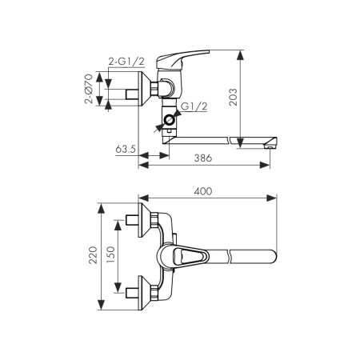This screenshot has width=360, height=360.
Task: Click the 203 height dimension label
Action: [x=234, y=98]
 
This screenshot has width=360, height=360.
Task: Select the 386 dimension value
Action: [x=203, y=158]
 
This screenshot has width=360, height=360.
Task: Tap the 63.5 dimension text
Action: [x=126, y=149]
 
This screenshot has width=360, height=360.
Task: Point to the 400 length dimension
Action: [x=203, y=191]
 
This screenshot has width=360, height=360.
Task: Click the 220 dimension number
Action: [x=93, y=255]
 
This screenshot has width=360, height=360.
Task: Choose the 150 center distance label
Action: [x=110, y=255]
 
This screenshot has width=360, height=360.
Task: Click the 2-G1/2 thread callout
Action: [x=126, y=62]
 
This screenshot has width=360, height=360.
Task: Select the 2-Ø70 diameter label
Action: [x=89, y=89]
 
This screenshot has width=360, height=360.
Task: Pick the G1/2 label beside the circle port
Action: [x=194, y=106]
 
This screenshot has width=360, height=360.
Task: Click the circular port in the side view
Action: [x=169, y=120]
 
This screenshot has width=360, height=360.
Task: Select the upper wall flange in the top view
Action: [x=144, y=220]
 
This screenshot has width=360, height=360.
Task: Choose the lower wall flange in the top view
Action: [x=144, y=293]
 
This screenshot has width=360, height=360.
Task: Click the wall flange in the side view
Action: [x=145, y=89]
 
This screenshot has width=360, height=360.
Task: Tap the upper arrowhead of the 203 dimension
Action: [x=241, y=55]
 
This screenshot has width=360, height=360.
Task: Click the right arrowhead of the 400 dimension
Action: [x=272, y=198]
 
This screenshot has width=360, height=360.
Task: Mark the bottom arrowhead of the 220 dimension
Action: [x=101, y=305]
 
